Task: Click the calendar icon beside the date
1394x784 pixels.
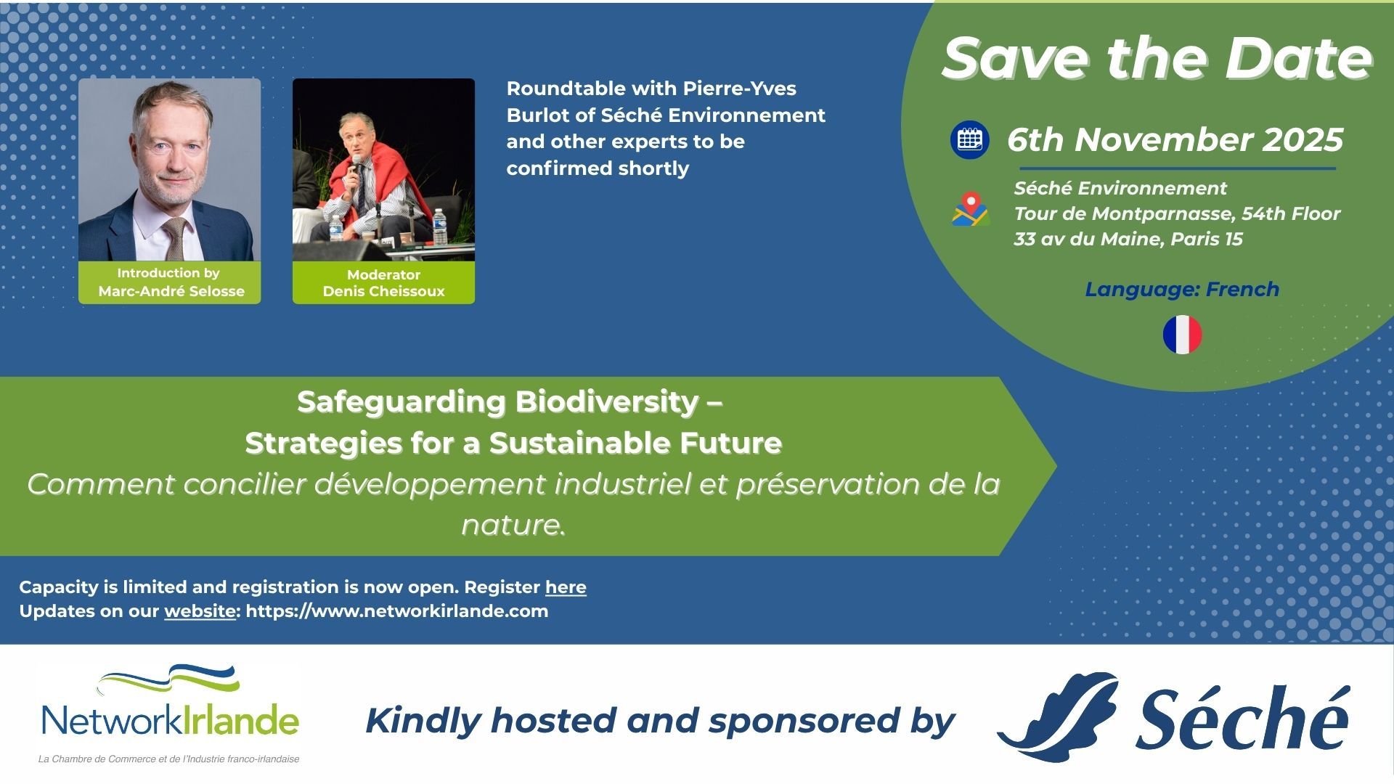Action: [x=969, y=139]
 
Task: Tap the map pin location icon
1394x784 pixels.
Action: [x=971, y=209]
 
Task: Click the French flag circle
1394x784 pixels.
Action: [x=1182, y=335]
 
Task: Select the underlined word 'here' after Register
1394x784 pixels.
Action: [x=566, y=587]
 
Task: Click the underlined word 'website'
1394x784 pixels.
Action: [x=200, y=611]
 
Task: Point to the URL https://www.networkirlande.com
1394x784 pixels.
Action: [x=397, y=611]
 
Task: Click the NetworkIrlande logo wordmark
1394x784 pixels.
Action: [x=170, y=720]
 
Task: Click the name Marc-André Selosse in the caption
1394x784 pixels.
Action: [x=171, y=291]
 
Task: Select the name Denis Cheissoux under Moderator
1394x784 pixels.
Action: [x=383, y=291]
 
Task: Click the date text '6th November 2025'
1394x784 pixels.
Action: [x=1175, y=140]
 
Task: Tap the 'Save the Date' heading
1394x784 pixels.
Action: [x=1157, y=58]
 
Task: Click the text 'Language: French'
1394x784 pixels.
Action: [x=1182, y=290]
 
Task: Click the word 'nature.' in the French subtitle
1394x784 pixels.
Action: [x=513, y=525]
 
